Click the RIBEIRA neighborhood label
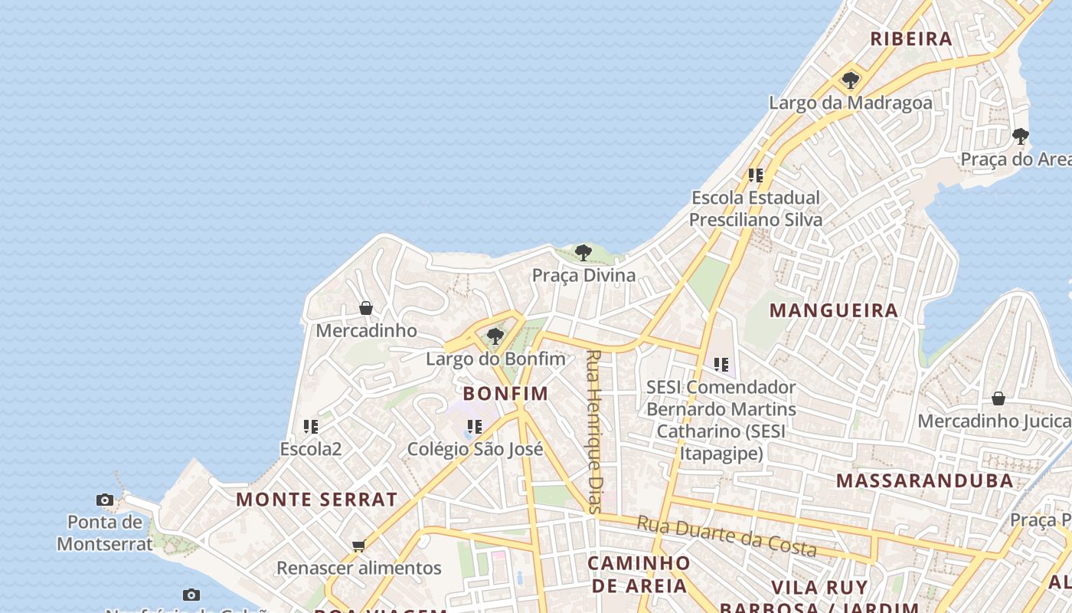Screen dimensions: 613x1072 pyautogui.click(x=911, y=38)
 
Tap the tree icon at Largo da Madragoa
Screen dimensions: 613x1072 pyautogui.click(x=850, y=80)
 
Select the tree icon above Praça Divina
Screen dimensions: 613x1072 pyautogui.click(x=583, y=252)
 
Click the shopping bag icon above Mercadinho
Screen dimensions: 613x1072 pyautogui.click(x=366, y=308)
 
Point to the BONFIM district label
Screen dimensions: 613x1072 pyautogui.click(x=506, y=393)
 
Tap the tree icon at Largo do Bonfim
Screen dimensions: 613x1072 pyautogui.click(x=495, y=336)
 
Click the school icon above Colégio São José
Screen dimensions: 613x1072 pyautogui.click(x=475, y=427)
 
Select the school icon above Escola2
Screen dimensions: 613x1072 pyautogui.click(x=310, y=426)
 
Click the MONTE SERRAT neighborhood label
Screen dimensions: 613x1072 pyautogui.click(x=317, y=500)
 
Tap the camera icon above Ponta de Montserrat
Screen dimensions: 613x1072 pyautogui.click(x=105, y=500)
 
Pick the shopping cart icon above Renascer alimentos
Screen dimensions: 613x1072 pyautogui.click(x=358, y=546)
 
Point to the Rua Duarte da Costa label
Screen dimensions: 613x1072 pyautogui.click(x=727, y=536)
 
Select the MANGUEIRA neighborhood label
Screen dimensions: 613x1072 pyautogui.click(x=834, y=310)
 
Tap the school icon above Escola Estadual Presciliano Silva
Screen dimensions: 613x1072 pyautogui.click(x=756, y=175)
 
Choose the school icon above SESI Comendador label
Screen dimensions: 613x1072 pyautogui.click(x=721, y=365)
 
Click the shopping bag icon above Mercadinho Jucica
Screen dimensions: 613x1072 pyautogui.click(x=998, y=398)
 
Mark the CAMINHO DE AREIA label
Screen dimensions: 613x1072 pyautogui.click(x=639, y=574)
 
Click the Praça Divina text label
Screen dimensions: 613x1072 pyautogui.click(x=583, y=275)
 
